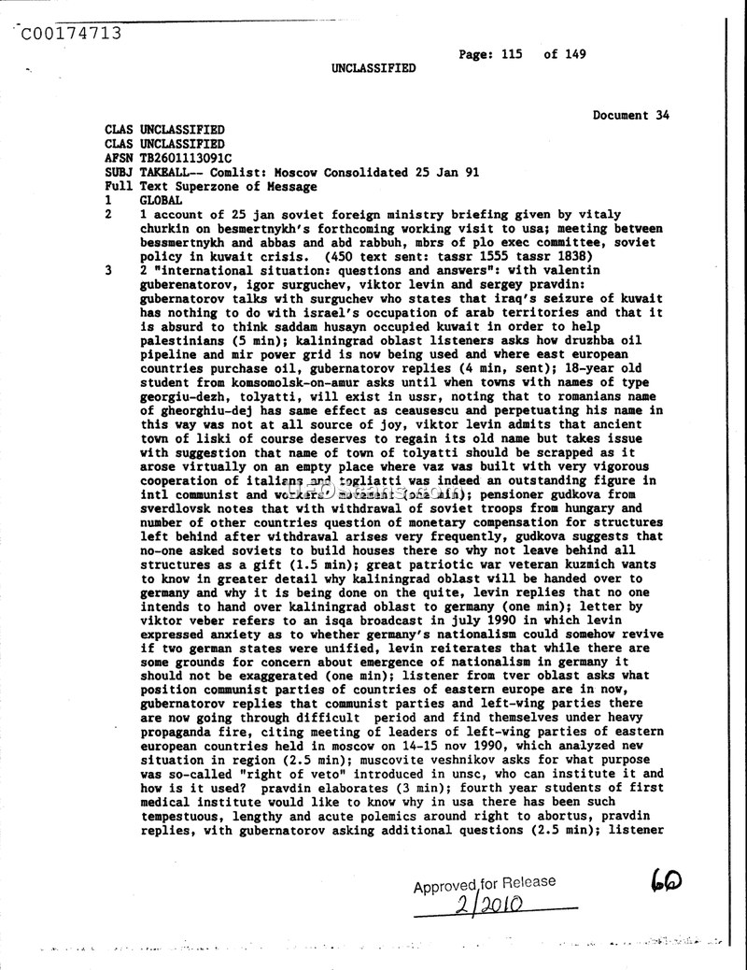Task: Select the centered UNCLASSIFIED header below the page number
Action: pos(373,68)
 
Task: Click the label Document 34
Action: pos(631,116)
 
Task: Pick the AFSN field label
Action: pos(119,159)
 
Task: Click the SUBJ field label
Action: pos(119,173)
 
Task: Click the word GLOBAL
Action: pos(162,201)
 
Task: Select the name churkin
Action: pos(162,229)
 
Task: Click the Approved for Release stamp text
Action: pos(484,884)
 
